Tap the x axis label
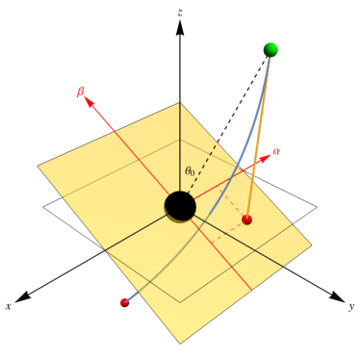(8, 305)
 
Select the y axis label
(352, 305)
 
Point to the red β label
(81, 92)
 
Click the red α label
(276, 151)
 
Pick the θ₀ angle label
(191, 171)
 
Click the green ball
(270, 49)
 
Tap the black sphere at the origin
(180, 205)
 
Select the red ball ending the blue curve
(124, 303)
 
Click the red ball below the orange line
(247, 220)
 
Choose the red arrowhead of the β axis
(93, 103)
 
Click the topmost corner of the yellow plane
(180, 102)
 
